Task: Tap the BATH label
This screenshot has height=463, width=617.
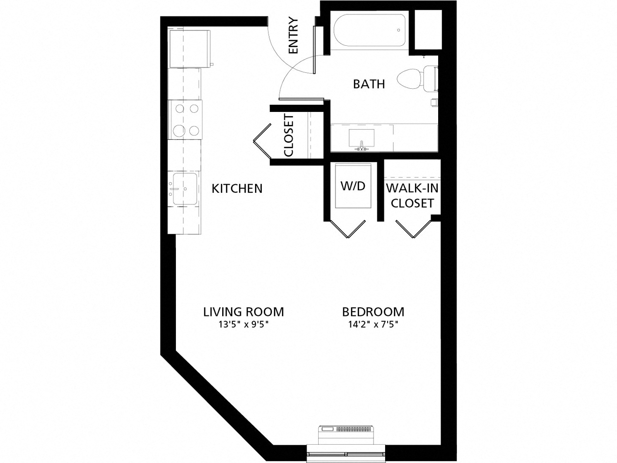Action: (x=369, y=84)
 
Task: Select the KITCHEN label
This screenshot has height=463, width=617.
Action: (x=237, y=188)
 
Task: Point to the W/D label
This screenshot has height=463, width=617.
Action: (x=353, y=186)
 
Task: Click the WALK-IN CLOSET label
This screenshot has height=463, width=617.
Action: (x=412, y=196)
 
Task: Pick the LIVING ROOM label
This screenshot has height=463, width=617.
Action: (x=243, y=312)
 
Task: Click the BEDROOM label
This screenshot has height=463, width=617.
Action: (x=373, y=312)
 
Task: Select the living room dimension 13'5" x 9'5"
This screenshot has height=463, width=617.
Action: (x=243, y=325)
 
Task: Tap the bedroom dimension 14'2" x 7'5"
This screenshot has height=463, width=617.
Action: (x=373, y=325)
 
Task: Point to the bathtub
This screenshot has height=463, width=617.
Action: (x=369, y=31)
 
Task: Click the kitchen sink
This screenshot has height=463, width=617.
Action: (x=184, y=189)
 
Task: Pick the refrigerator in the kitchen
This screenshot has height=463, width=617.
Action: (x=189, y=48)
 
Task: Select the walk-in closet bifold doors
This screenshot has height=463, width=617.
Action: (x=413, y=229)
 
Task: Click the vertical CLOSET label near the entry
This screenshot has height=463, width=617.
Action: (x=289, y=135)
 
